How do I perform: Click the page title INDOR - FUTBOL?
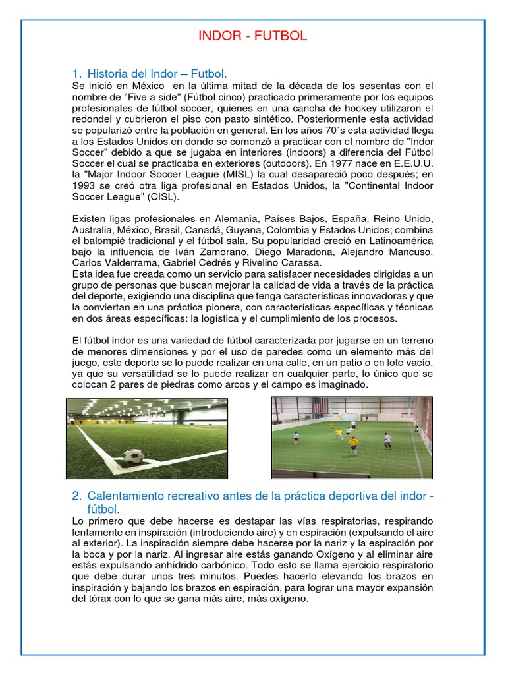[253, 36]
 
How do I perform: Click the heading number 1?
[76, 73]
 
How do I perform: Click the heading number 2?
[76, 495]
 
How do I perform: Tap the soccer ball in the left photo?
[133, 455]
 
